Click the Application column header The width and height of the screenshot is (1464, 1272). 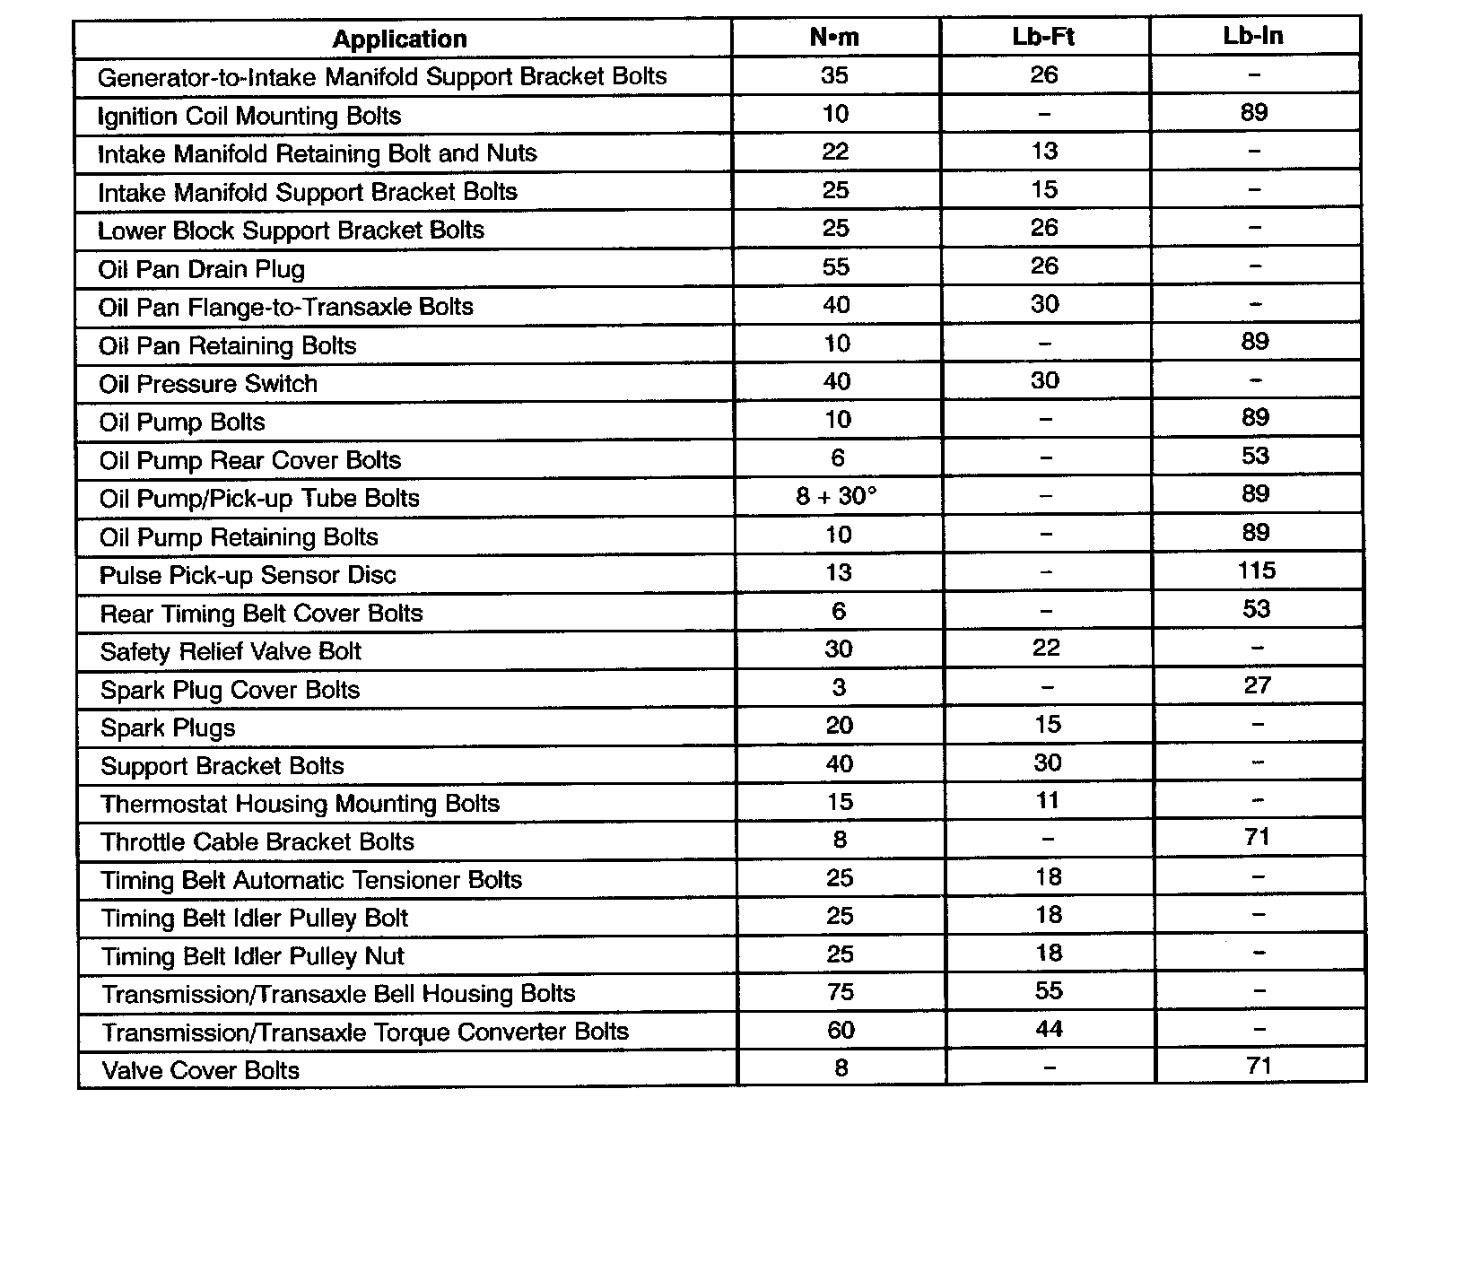coord(399,39)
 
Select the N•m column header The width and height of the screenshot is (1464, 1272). coord(833,37)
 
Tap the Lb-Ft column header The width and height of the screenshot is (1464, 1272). coord(1043,37)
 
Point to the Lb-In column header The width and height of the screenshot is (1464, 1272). coord(1253,36)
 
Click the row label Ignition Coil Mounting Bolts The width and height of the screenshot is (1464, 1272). coord(249,117)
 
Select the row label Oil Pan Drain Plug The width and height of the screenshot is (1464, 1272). coord(202,270)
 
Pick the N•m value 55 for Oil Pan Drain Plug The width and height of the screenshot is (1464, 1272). coord(835,267)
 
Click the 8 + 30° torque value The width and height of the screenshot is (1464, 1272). coord(836,496)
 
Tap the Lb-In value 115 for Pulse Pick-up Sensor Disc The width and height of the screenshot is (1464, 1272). coord(1256,571)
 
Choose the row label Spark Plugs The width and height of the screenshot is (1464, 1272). coord(168,727)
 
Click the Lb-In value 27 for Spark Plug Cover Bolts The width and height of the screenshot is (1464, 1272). coord(1257,685)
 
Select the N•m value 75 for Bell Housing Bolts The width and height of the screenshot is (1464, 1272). coord(840,992)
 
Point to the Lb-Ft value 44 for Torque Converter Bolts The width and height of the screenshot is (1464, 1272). coord(1049,1029)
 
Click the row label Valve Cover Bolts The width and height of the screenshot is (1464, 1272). coord(201,1071)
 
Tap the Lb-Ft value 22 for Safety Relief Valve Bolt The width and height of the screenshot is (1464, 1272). coord(1046,648)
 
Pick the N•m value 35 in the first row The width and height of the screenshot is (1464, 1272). coord(834,75)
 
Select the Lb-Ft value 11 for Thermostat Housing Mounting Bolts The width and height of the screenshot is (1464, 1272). coord(1047,800)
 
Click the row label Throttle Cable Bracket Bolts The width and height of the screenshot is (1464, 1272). coord(257,842)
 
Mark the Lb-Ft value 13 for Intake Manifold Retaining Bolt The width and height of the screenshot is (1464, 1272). coord(1044,151)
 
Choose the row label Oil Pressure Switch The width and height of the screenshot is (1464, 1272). coord(208,384)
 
